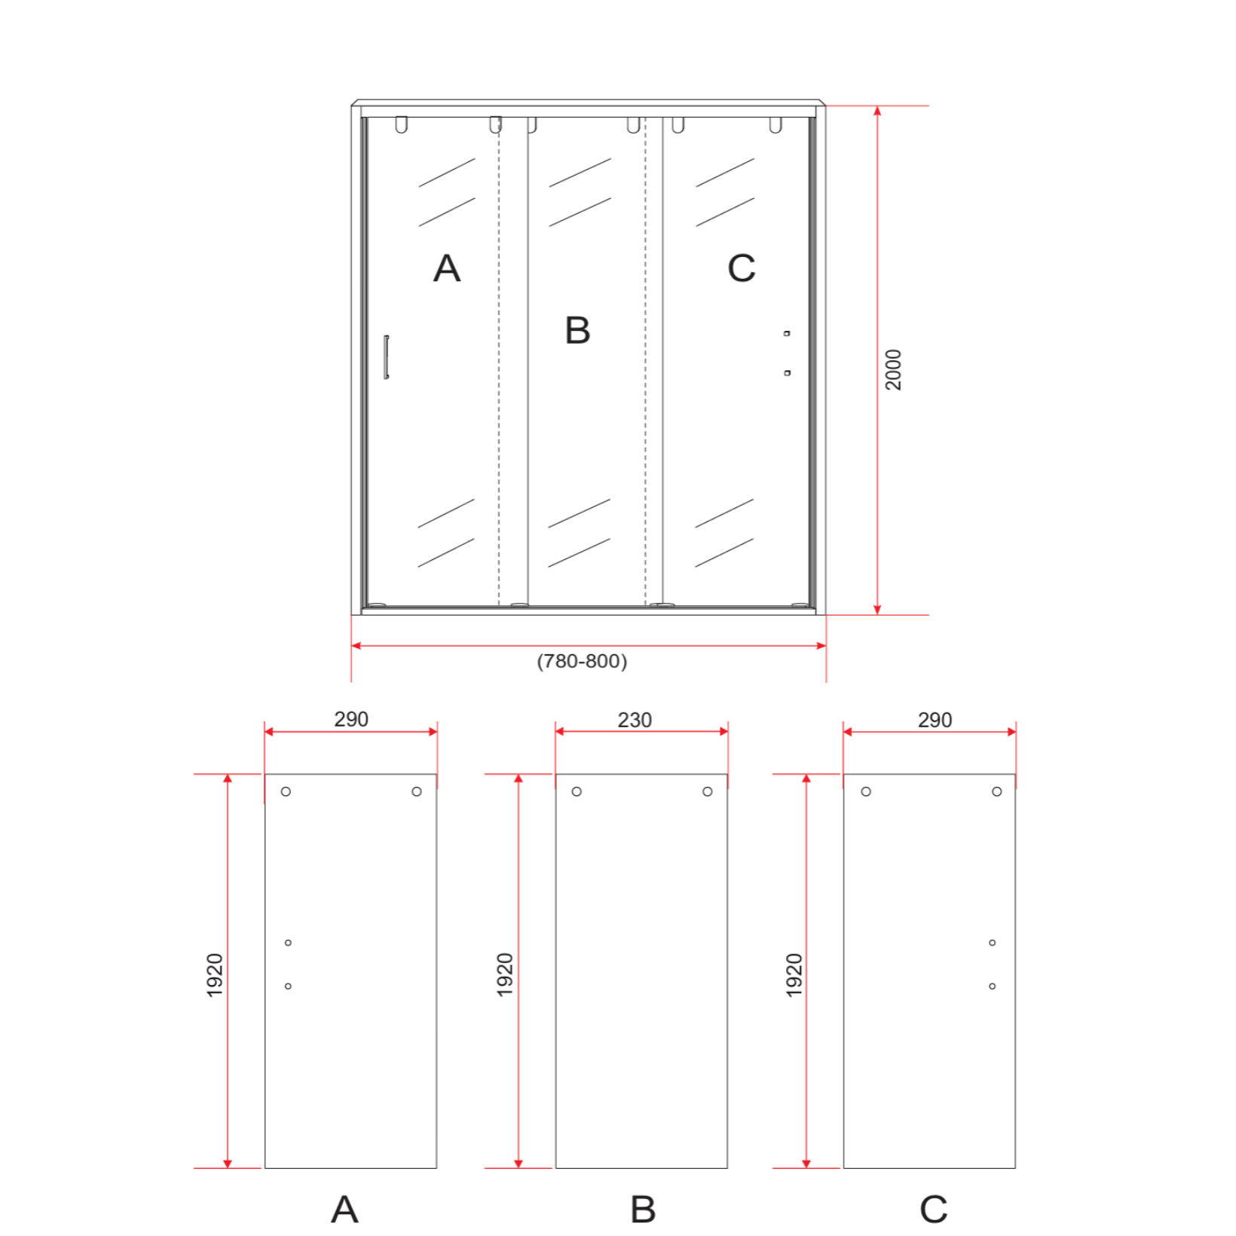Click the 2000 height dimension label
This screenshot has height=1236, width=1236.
893,369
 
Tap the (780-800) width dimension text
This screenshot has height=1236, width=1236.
582,661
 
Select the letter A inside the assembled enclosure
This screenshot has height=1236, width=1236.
447,268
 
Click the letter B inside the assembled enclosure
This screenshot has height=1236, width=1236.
577,330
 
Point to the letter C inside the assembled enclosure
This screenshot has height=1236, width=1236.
741,268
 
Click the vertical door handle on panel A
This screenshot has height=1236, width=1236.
387,357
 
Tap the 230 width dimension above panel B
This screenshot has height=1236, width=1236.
635,720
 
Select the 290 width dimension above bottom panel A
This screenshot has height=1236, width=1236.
351,719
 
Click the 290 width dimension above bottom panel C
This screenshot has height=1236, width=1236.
935,720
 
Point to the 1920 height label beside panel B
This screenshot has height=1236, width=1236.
505,974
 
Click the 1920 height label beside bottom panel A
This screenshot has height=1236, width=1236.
215,974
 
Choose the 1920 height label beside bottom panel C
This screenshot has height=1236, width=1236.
794,974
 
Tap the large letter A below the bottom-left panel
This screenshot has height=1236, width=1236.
344,1209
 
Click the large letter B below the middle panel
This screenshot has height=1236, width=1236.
643,1209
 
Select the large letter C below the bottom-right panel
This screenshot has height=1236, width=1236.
933,1209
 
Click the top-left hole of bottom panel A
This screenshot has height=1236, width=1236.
286,791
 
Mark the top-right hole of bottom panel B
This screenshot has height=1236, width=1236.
707,791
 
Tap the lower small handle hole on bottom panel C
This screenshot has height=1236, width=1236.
992,986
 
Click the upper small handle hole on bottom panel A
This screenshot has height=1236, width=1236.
288,942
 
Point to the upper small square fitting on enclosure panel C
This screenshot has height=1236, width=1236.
787,333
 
